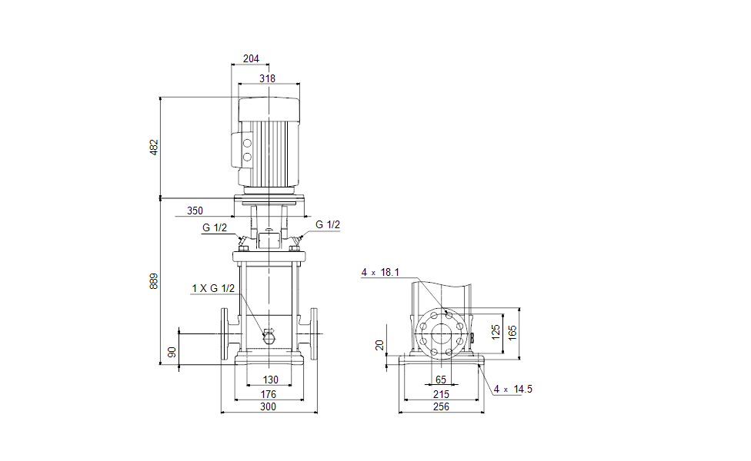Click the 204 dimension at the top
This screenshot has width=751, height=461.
(251, 58)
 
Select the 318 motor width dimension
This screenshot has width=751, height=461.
(268, 78)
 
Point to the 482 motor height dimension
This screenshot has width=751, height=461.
(153, 147)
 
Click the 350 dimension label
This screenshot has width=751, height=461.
(195, 210)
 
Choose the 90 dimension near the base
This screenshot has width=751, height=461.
(172, 352)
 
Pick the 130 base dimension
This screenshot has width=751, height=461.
(270, 380)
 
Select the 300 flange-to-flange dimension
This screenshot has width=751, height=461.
(268, 407)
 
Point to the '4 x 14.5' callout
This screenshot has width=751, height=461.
(513, 389)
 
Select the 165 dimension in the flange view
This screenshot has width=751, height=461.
(513, 333)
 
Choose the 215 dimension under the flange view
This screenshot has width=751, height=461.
(441, 394)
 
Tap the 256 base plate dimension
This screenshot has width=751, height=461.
(441, 407)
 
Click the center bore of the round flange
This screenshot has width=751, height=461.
(441, 334)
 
